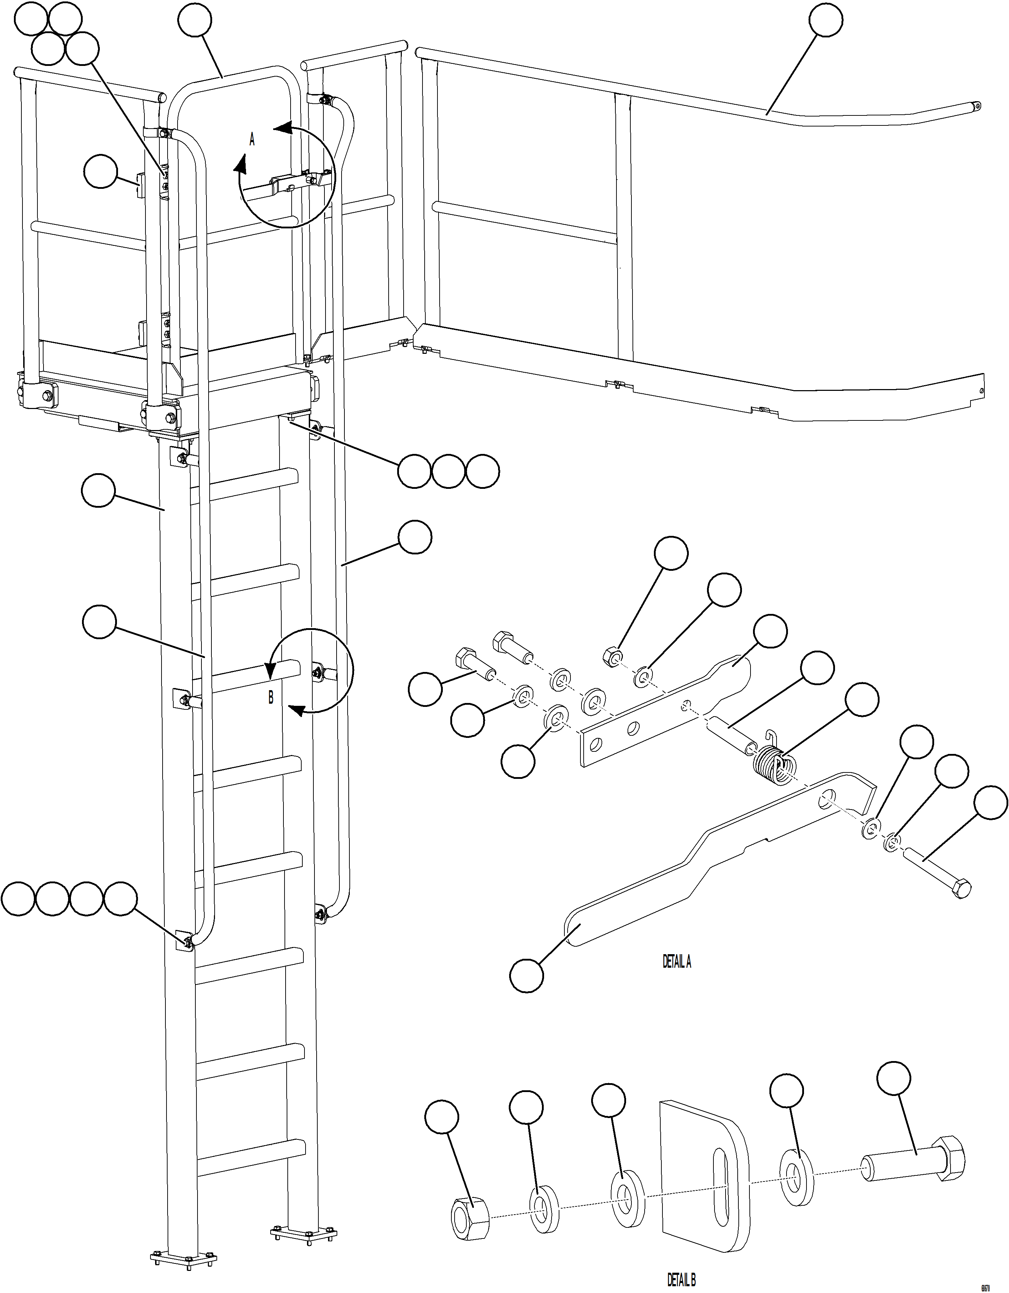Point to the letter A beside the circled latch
(x=252, y=140)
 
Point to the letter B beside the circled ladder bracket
(x=271, y=697)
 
